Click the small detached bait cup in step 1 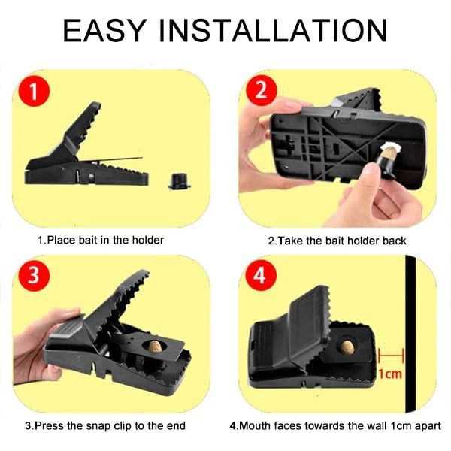point(177,180)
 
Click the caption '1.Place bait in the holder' point(101,241)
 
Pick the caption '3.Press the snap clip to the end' point(105,425)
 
